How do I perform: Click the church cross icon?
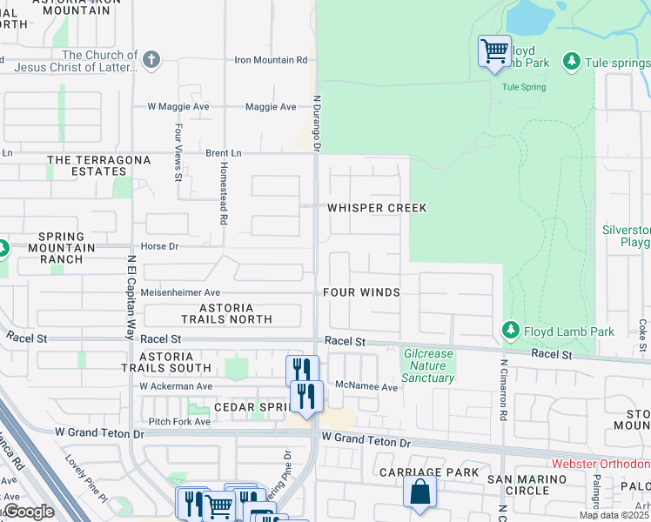[x=151, y=60]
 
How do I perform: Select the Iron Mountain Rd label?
[x=272, y=60]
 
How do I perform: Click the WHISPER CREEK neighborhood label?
[x=377, y=209]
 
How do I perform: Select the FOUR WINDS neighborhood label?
[x=361, y=292]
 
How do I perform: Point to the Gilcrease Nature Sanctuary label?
[x=429, y=366]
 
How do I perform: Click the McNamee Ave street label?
[x=366, y=387]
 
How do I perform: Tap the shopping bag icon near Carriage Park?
[x=419, y=492]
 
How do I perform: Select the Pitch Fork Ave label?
[x=179, y=421]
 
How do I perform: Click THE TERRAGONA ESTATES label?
[x=86, y=165]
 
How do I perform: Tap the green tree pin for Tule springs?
[x=572, y=61]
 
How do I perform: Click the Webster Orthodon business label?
[x=601, y=465]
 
